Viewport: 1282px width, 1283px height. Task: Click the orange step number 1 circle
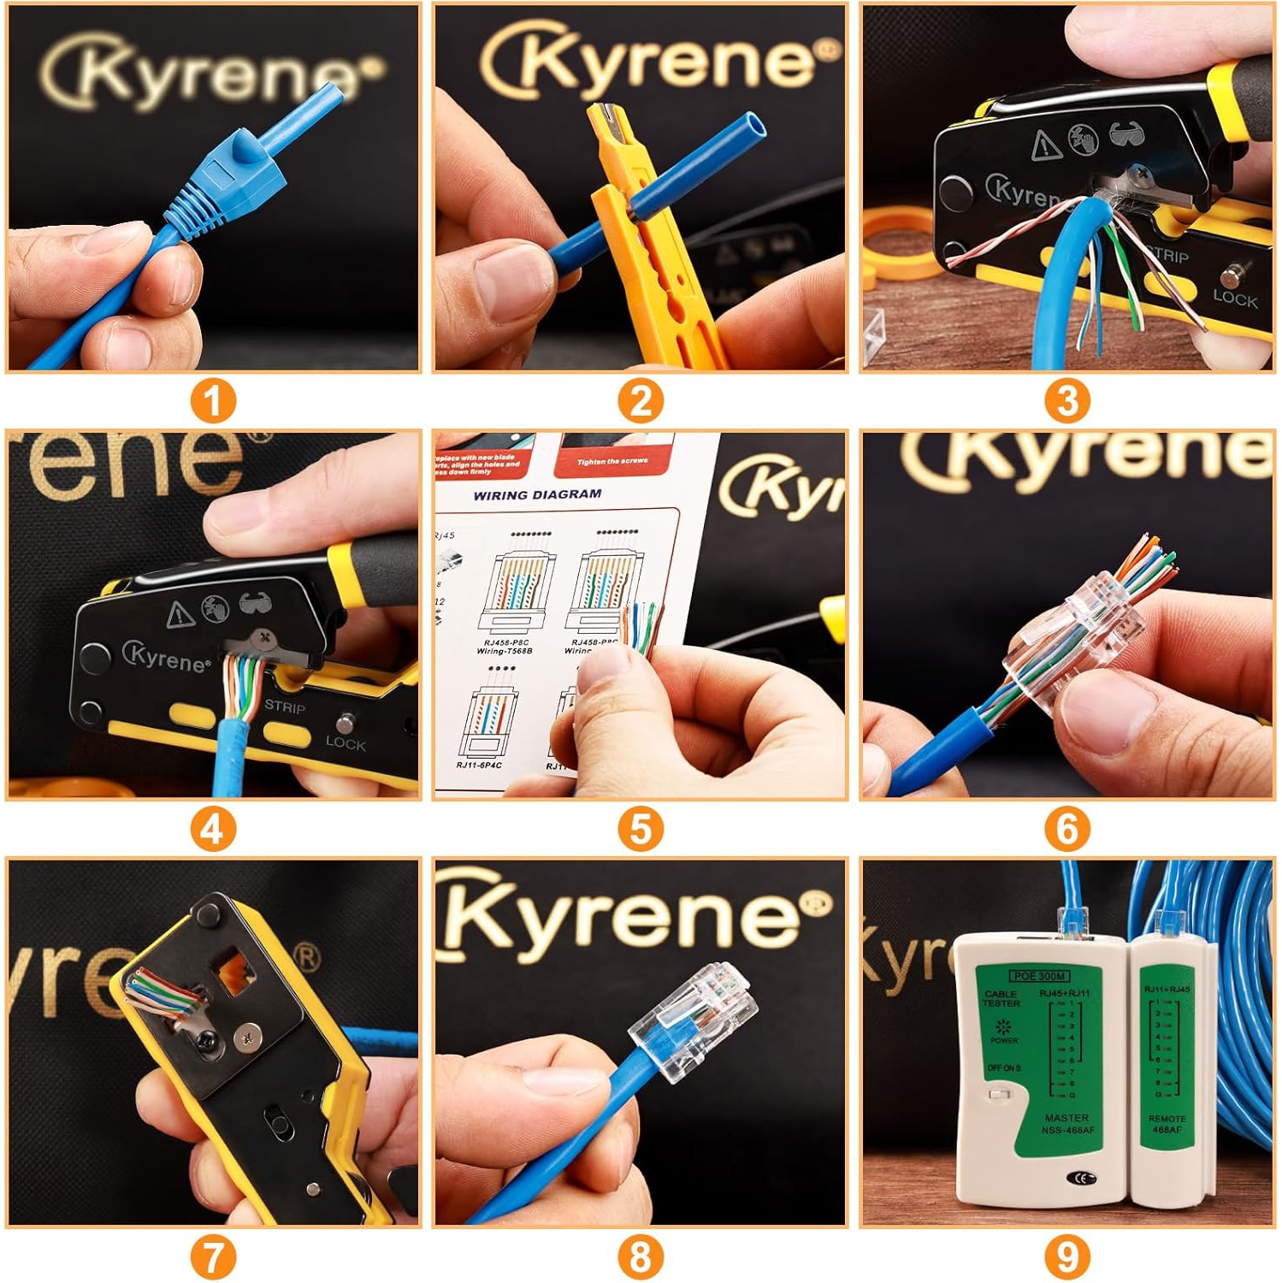[213, 401]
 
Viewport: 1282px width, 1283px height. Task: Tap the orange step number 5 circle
[640, 829]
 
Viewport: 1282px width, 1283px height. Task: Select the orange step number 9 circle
[1066, 1256]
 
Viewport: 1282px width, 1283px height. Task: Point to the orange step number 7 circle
[213, 1256]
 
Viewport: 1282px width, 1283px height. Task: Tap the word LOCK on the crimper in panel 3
[1234, 299]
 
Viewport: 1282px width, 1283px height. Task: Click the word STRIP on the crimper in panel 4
[285, 707]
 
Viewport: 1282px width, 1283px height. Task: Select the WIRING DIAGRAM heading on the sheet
[537, 494]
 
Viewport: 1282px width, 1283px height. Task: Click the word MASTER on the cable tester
[1066, 1118]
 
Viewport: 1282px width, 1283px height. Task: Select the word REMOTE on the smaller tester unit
[1167, 1119]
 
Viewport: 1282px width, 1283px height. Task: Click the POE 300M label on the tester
[1038, 976]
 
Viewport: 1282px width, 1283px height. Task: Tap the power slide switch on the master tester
[995, 1094]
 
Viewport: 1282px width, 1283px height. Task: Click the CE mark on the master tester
[1081, 1178]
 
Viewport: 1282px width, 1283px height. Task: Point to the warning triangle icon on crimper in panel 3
[1045, 146]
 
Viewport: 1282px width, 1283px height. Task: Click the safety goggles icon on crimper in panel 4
[253, 605]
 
